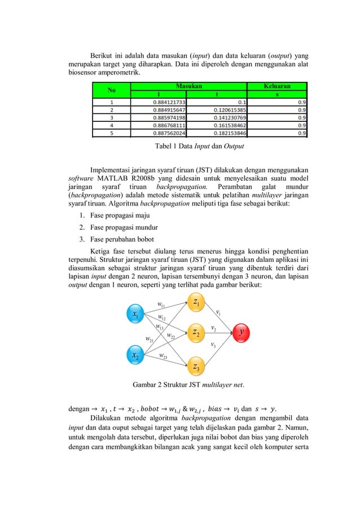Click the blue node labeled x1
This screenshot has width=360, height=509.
(x=136, y=314)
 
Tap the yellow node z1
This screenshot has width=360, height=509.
(x=196, y=303)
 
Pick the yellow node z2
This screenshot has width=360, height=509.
(x=196, y=333)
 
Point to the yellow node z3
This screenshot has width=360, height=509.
(x=196, y=367)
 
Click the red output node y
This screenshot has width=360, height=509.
(x=242, y=332)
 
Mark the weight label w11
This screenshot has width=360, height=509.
(x=160, y=305)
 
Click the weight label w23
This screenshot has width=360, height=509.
(x=163, y=356)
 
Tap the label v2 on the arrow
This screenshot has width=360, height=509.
(x=214, y=327)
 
